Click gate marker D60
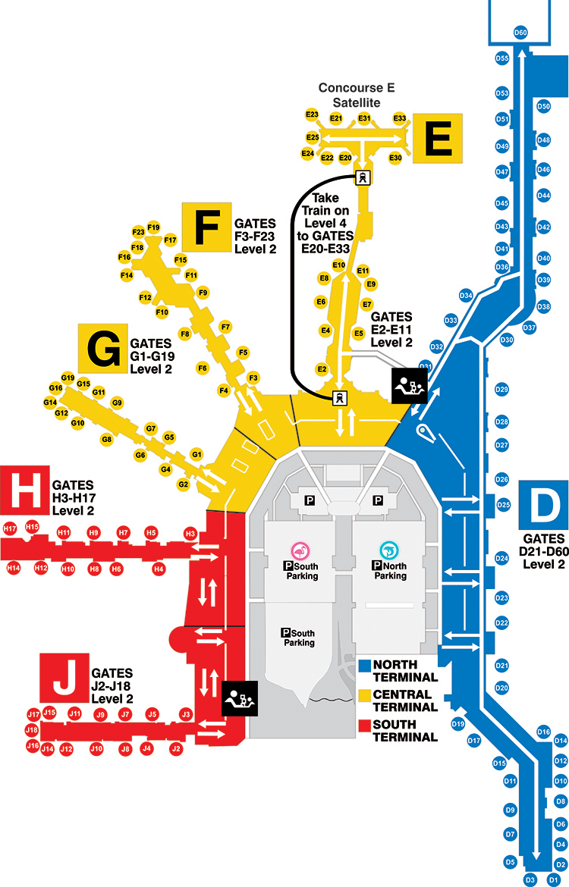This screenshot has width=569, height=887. point(520,33)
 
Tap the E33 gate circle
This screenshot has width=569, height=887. point(400,118)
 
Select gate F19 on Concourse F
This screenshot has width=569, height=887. point(153,227)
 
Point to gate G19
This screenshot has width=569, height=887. point(68,378)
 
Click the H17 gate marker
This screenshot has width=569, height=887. point(10,529)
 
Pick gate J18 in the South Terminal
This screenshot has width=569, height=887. point(32,730)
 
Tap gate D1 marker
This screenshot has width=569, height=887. point(555,879)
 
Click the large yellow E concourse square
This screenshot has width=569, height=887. point(438,139)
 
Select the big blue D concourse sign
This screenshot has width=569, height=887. point(543,505)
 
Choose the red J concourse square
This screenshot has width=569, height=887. point(64,678)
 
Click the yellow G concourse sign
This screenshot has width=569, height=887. point(102,349)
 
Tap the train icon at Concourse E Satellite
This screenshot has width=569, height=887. point(363,177)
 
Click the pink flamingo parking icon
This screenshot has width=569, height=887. point(300,551)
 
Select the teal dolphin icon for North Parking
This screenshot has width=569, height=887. point(389,550)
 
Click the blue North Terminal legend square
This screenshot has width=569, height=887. point(365,666)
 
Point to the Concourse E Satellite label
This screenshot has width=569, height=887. point(357,95)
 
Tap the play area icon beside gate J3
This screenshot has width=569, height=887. point(240,699)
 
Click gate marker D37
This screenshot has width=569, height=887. point(530,328)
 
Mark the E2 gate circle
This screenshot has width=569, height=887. point(322,369)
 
